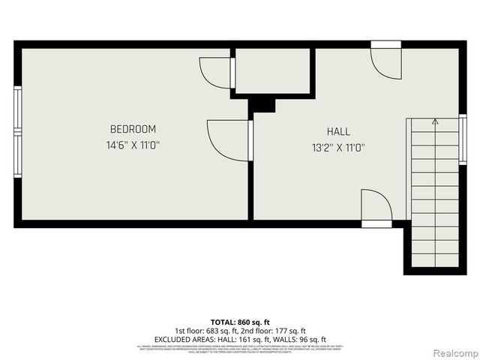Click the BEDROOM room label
(x=133, y=129)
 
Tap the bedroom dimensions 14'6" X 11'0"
(x=133, y=145)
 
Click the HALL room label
(x=338, y=132)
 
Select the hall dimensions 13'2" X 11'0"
(x=338, y=148)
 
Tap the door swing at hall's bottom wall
(x=376, y=205)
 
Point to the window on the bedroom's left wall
(x=17, y=132)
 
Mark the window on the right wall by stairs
(x=463, y=139)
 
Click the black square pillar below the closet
(x=262, y=104)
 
